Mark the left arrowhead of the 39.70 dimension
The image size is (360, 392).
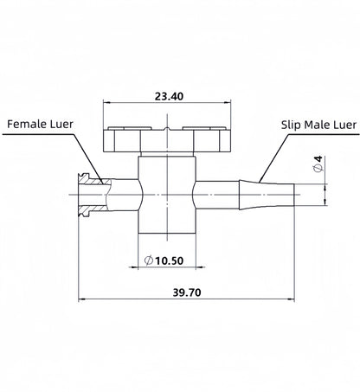(82, 301)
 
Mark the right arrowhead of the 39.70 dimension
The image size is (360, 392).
(292, 301)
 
